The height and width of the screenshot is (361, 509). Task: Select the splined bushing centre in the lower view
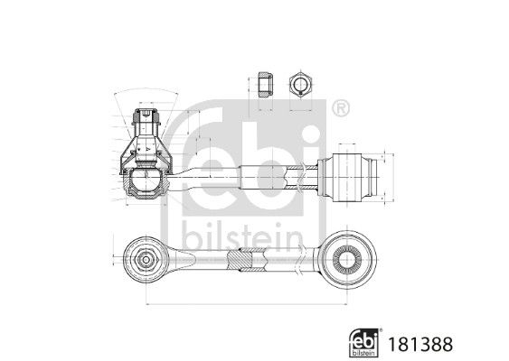(x=349, y=260)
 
